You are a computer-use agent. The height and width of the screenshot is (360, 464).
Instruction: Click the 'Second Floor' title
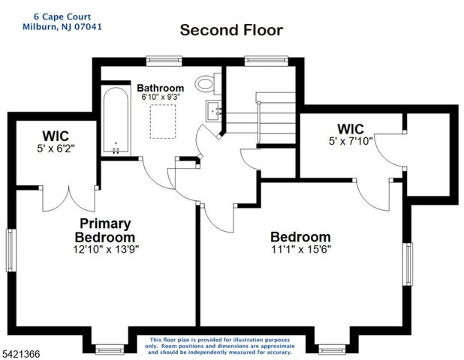230,31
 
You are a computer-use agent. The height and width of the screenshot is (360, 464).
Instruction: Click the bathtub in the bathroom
116,120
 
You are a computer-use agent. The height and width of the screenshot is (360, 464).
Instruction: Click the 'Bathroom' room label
160,88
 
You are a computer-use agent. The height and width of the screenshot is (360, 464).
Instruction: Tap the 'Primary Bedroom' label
106,230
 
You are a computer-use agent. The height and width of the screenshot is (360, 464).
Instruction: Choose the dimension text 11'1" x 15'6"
300,249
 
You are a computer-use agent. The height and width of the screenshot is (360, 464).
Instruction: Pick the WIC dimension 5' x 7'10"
351,140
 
